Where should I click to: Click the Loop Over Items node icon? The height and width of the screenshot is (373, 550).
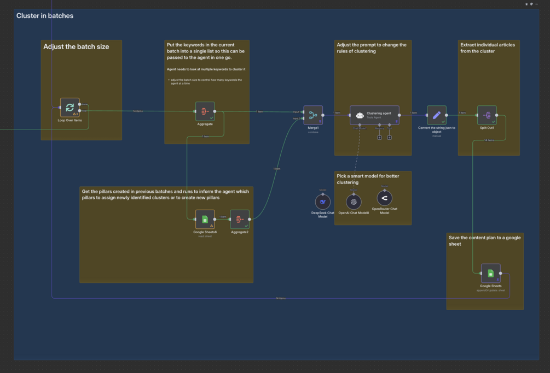[x=70, y=108]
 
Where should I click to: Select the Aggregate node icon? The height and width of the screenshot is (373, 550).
[x=205, y=111]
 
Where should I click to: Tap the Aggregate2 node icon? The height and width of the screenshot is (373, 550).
[x=239, y=219]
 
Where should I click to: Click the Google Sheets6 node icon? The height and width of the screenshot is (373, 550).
[x=205, y=219]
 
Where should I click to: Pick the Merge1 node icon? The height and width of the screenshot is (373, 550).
[x=313, y=115]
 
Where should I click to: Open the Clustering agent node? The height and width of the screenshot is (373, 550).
[x=374, y=115]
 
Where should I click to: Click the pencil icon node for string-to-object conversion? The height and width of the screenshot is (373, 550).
[x=436, y=115]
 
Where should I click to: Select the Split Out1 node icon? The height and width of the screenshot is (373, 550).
[x=487, y=115]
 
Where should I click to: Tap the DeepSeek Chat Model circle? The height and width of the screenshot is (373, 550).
[x=322, y=202]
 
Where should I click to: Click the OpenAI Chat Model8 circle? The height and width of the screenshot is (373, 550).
[x=354, y=202]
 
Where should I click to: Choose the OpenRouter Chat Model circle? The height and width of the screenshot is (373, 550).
[x=384, y=198]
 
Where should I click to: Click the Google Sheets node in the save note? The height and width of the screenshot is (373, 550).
[x=490, y=273]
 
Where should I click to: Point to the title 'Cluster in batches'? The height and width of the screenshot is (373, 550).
[x=45, y=16]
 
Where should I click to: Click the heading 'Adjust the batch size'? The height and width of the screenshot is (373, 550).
[x=76, y=47]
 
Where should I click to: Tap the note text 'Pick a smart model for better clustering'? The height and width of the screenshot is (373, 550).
[x=368, y=179]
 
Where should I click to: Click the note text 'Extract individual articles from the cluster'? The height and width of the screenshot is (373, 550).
[x=487, y=48]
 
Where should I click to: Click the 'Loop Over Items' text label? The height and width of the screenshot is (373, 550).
[x=70, y=120]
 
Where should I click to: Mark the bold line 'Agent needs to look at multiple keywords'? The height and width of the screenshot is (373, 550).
[x=206, y=69]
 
